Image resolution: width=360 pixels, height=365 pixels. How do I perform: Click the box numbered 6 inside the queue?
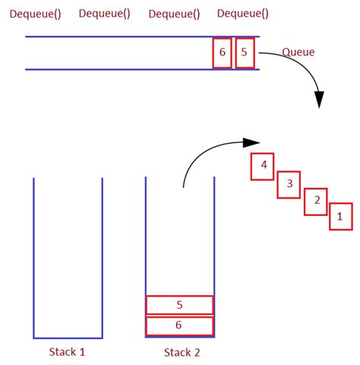(x=222, y=52)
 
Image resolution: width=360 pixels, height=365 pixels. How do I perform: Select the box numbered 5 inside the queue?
(x=244, y=52)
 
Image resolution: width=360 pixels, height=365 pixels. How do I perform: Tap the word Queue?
(x=298, y=52)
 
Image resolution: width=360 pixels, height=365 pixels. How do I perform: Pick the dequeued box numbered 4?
(x=263, y=165)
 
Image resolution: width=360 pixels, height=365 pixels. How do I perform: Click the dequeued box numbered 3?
(x=289, y=183)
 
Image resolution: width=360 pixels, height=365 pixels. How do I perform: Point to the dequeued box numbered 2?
(x=315, y=202)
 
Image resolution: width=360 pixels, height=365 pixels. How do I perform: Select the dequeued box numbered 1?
(x=340, y=216)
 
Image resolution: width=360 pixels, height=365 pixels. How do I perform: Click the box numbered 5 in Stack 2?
(x=179, y=305)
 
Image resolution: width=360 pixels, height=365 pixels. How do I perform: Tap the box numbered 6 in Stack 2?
(x=179, y=325)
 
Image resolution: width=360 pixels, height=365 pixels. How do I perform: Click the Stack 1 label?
(x=67, y=352)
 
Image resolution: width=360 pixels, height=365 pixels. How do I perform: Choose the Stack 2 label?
(x=182, y=352)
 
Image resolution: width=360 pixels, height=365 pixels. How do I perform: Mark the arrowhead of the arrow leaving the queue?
(x=319, y=100)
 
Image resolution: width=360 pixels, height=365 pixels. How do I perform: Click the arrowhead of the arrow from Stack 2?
(x=250, y=141)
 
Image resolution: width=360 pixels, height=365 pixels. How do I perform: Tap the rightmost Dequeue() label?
(x=242, y=13)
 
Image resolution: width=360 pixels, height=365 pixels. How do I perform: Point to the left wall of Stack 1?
(x=33, y=259)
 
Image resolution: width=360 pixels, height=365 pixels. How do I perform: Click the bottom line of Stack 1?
(x=68, y=338)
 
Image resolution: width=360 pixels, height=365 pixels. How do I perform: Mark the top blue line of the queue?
(x=114, y=36)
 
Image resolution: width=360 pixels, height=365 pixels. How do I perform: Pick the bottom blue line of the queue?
(x=114, y=70)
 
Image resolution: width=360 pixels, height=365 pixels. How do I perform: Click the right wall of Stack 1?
(x=102, y=259)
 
